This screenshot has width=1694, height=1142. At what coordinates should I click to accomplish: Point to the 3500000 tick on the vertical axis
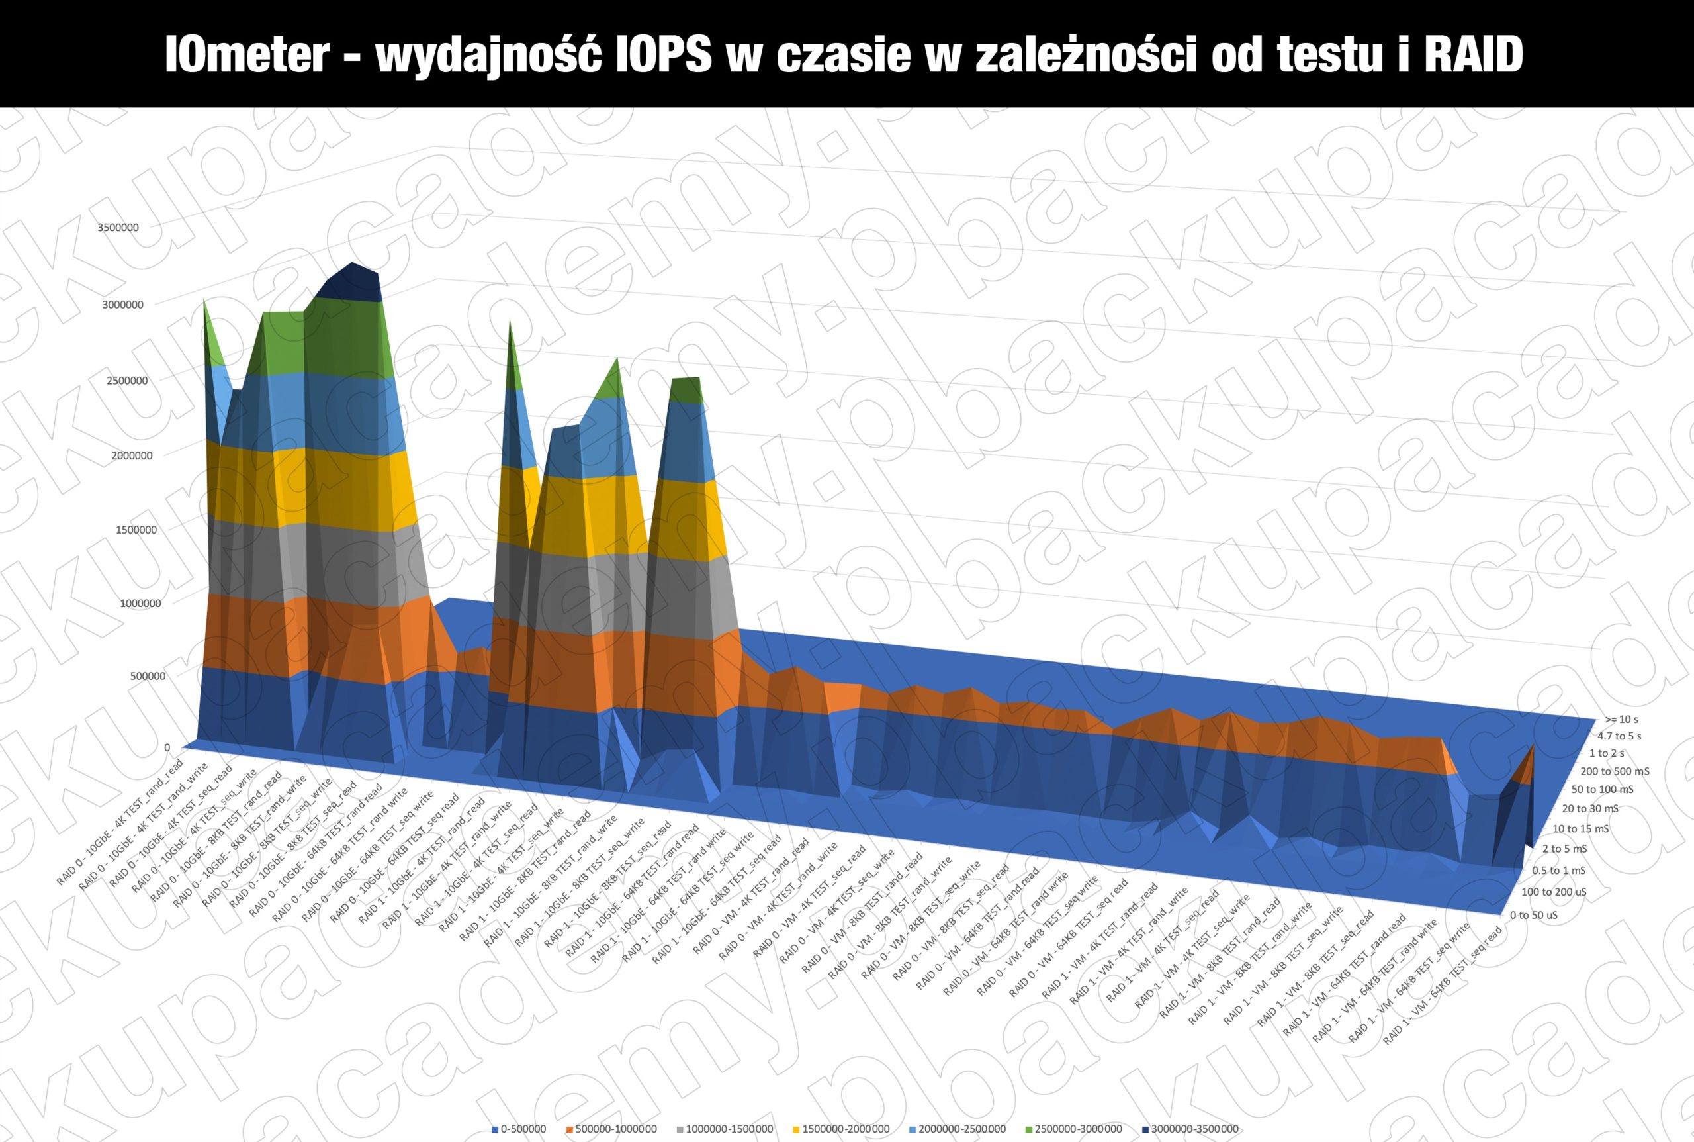(118, 227)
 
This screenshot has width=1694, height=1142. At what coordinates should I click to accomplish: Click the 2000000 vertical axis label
(132, 456)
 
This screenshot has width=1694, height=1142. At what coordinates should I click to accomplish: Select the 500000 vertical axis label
(148, 676)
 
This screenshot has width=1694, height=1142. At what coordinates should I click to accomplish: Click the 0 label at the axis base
(167, 747)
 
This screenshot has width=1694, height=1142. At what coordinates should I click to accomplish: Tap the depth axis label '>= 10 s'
(1621, 720)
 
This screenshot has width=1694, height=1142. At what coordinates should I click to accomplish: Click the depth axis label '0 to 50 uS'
(1533, 915)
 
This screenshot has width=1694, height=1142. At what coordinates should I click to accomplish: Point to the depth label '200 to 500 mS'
(1615, 771)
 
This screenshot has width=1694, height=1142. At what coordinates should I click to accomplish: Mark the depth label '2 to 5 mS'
(1564, 849)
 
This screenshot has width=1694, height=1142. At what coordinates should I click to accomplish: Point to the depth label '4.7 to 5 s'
(1619, 736)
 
